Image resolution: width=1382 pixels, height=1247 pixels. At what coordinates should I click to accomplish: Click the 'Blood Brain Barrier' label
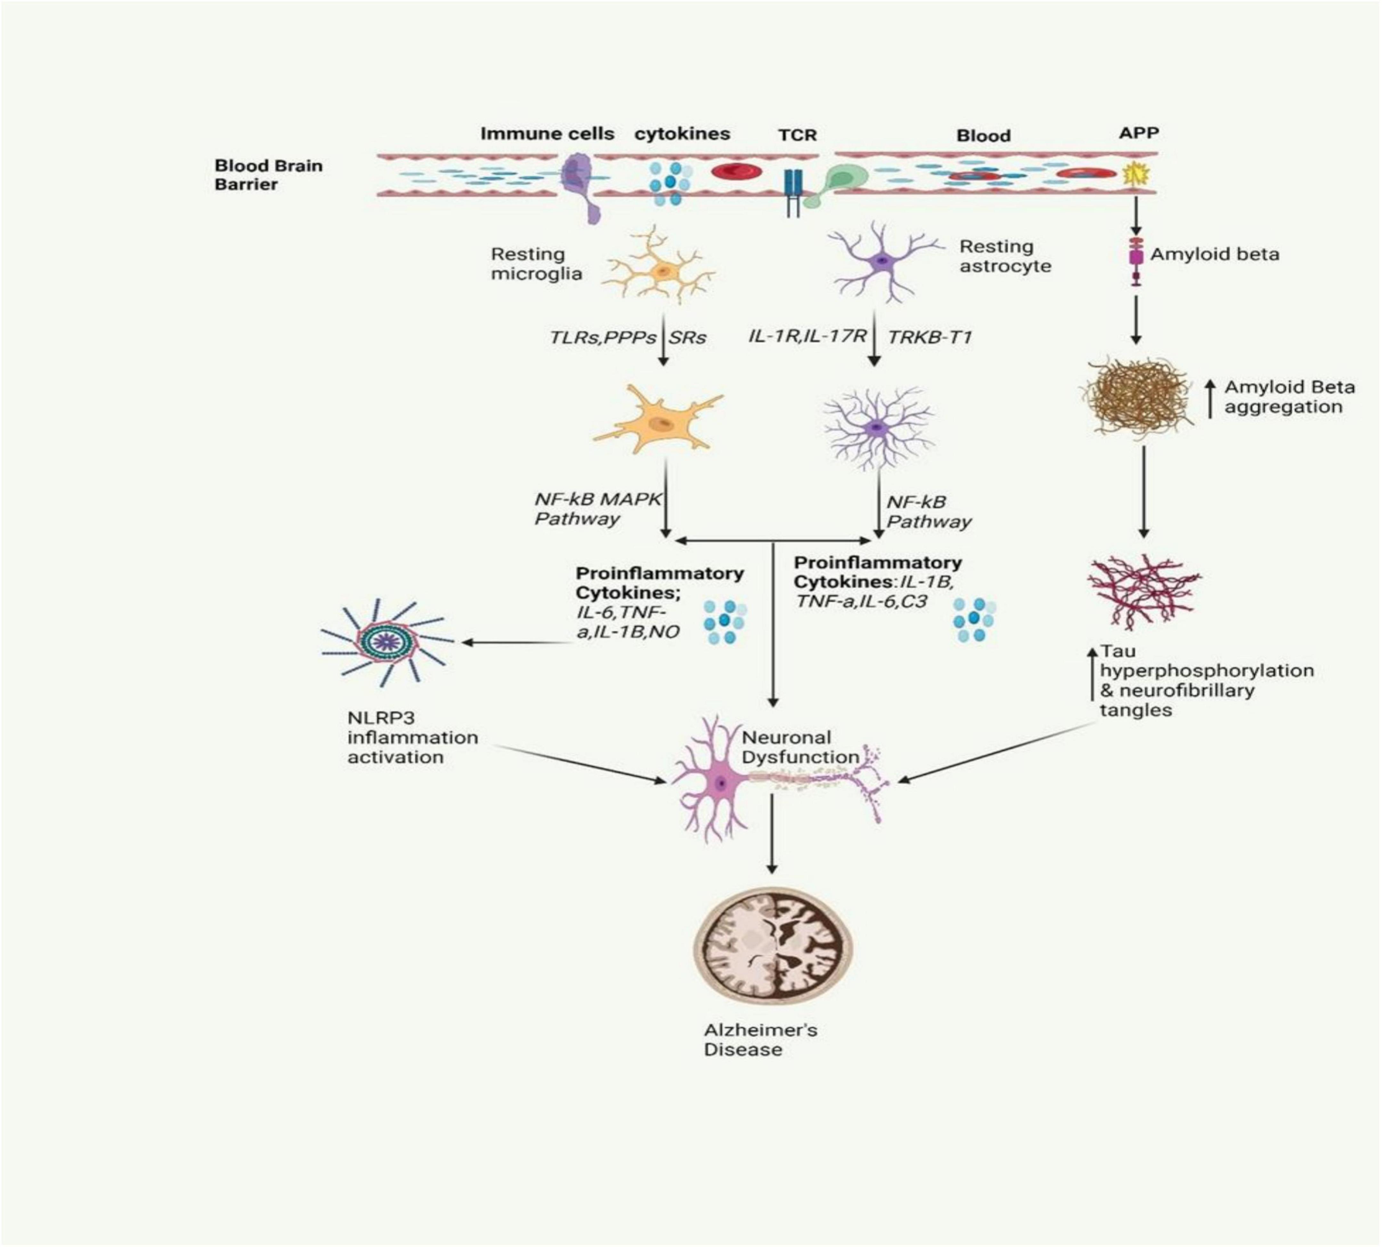pyautogui.click(x=268, y=175)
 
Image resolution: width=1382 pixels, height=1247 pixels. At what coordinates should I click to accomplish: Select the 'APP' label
pyautogui.click(x=1139, y=133)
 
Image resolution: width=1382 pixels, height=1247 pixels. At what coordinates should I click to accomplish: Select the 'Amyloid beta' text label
pyautogui.click(x=1214, y=254)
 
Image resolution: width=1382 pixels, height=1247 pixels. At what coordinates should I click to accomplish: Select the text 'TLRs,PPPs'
pyautogui.click(x=602, y=337)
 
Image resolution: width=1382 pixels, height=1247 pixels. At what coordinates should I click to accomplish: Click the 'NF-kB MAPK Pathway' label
pyautogui.click(x=596, y=508)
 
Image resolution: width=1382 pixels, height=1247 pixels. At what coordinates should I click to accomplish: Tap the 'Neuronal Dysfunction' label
pyautogui.click(x=799, y=747)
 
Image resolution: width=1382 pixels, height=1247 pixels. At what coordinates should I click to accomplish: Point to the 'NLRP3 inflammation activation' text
pyautogui.click(x=412, y=737)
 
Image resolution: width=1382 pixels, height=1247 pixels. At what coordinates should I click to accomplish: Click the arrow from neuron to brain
pyautogui.click(x=772, y=832)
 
